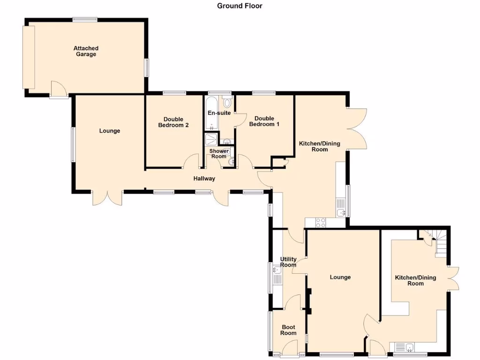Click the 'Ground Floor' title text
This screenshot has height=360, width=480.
pos(240,6)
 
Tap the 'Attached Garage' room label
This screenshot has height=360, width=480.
pos(86,51)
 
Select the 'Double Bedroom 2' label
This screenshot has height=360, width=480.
pos(173,122)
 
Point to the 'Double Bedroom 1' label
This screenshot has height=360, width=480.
pos(264,121)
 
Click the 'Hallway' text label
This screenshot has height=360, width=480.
pos(204,179)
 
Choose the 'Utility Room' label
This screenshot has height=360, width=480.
pos(288,262)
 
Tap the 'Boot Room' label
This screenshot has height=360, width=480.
pos(288,330)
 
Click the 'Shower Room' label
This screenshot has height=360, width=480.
pos(219,154)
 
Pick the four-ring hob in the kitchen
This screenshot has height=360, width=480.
pos(321,223)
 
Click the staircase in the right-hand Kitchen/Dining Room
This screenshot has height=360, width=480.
pos(441,242)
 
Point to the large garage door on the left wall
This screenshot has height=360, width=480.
pos(29,57)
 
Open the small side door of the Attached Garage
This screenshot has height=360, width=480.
pos(59,90)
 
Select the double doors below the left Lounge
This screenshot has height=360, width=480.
pos(107,198)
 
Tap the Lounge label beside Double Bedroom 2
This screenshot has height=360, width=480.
pos(110,131)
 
